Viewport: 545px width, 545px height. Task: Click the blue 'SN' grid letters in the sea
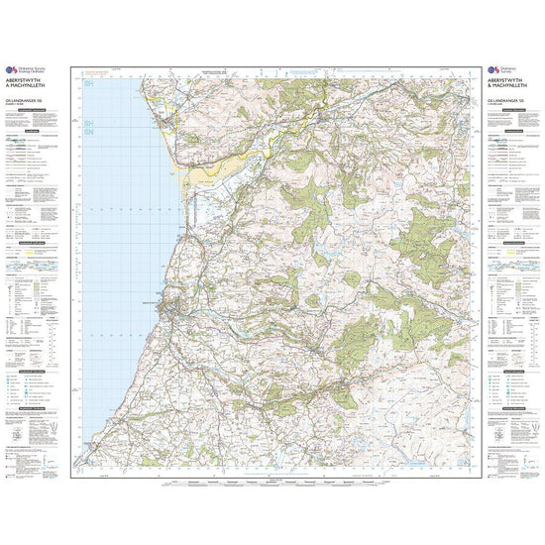tap(88, 130)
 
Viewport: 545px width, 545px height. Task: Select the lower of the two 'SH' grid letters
tap(88, 119)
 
